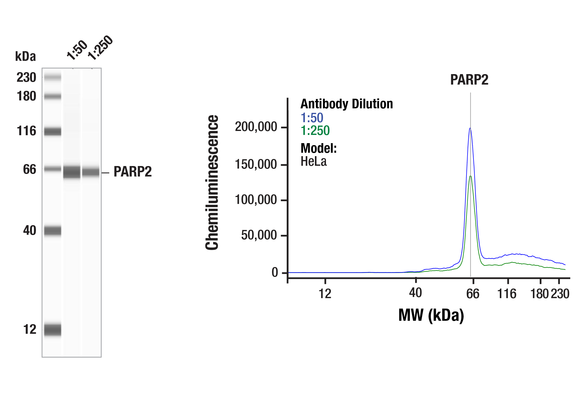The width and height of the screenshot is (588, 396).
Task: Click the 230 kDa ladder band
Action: [53, 77]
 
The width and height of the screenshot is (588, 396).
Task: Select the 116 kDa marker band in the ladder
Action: [53, 131]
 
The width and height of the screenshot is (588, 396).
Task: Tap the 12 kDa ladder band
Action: [53, 330]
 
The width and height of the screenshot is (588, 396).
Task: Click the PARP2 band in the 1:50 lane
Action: [72, 172]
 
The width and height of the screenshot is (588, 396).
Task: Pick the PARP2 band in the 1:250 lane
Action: [91, 172]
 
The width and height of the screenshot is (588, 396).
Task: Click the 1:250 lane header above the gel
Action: [100, 48]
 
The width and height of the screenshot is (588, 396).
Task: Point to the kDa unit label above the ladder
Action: [25, 57]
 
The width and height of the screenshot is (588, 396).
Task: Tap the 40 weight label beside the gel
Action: [30, 231]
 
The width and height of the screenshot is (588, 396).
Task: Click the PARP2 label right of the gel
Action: [133, 172]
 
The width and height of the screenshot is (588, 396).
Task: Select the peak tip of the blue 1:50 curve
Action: [470, 128]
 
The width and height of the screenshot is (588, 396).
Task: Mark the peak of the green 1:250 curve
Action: [470, 176]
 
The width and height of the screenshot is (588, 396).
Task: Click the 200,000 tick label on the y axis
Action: [256, 127]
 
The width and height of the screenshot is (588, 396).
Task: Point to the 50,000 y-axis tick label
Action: [259, 235]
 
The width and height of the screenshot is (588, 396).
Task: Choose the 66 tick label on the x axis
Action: [472, 294]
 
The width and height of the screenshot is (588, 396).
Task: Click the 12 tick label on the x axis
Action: [325, 294]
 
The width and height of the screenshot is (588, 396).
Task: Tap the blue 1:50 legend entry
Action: [312, 118]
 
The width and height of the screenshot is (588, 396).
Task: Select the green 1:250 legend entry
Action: [315, 131]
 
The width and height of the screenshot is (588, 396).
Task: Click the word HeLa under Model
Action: [314, 162]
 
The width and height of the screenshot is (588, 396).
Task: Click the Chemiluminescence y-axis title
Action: [212, 182]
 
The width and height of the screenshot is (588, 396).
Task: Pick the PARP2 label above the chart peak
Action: [469, 80]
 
